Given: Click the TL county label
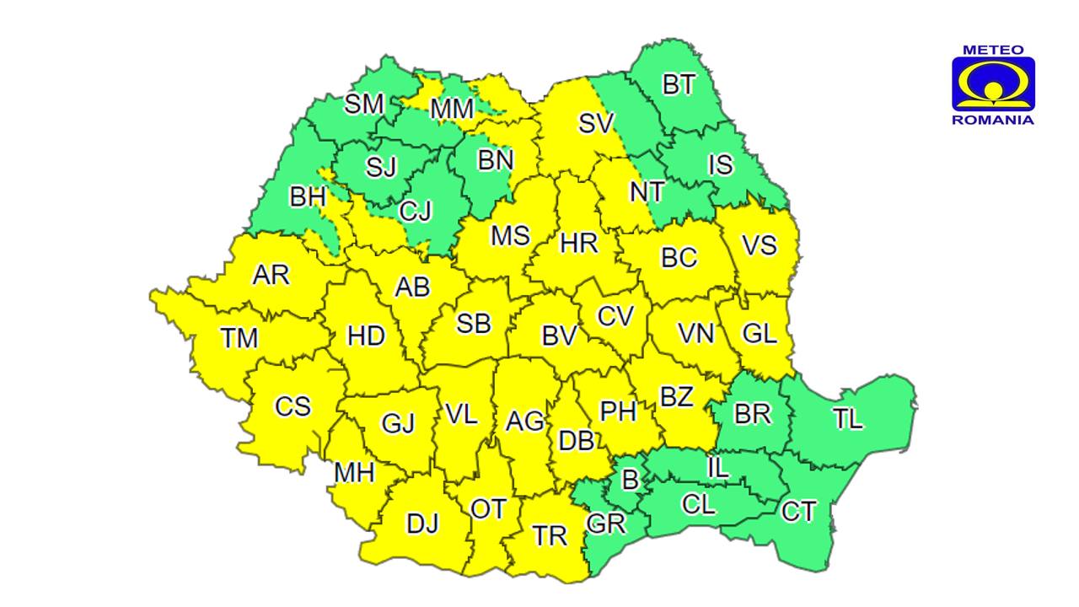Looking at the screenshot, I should [848, 418].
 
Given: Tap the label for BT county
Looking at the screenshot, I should [679, 84].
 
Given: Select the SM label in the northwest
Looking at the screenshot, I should [364, 105].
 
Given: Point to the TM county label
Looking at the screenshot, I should [239, 338].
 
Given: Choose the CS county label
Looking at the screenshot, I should [293, 406].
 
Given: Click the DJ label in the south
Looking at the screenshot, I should [422, 524].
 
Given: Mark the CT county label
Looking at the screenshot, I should [798, 511].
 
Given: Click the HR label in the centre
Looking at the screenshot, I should [579, 244].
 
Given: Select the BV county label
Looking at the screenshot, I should [559, 336].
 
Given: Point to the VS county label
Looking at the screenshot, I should [759, 246].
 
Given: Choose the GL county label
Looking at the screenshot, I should [760, 333].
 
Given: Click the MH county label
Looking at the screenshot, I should [354, 473].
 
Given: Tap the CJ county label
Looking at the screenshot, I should [415, 210].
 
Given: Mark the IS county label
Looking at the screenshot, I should [720, 164].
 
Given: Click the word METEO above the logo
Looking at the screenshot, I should [993, 50].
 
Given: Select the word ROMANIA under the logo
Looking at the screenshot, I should [993, 121].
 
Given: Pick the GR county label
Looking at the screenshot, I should [605, 524].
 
